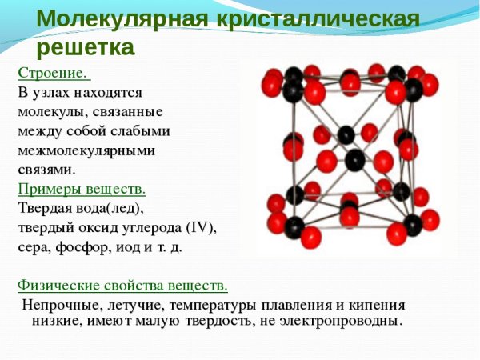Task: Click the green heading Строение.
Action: (x=54, y=73)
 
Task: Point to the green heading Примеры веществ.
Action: (x=82, y=189)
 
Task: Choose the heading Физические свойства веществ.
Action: (x=122, y=285)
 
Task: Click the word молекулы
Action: (x=50, y=111)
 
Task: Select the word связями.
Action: (x=46, y=169)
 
